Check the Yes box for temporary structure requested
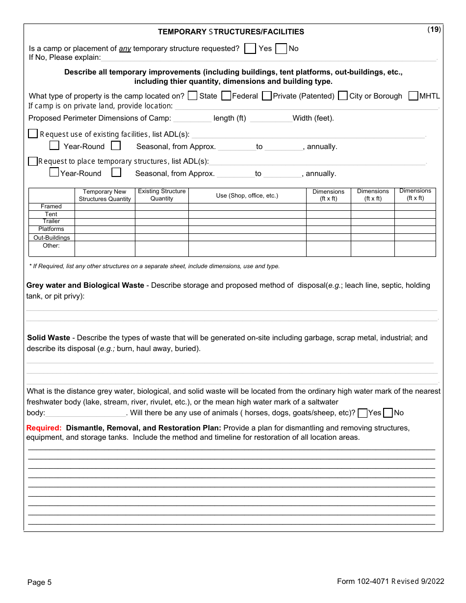pos(250,49)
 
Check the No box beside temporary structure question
pos(281,49)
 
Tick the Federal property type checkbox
pos(226,96)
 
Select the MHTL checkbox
pos(413,96)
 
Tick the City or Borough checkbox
pos(343,96)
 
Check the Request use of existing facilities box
pos(33,133)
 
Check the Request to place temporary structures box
pos(33,161)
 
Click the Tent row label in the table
pos(51,214)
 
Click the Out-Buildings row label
pos(52,238)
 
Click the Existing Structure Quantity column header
pos(162,195)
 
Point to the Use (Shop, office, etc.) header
pos(247,196)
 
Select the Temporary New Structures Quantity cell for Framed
pos(104,207)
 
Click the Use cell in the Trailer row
pos(247,222)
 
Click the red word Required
pos(44,428)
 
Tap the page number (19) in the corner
pos(434,29)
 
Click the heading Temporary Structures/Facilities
pos(231,32)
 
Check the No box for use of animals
pos(388,413)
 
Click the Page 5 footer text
pos(39,582)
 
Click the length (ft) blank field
pos(192,118)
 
